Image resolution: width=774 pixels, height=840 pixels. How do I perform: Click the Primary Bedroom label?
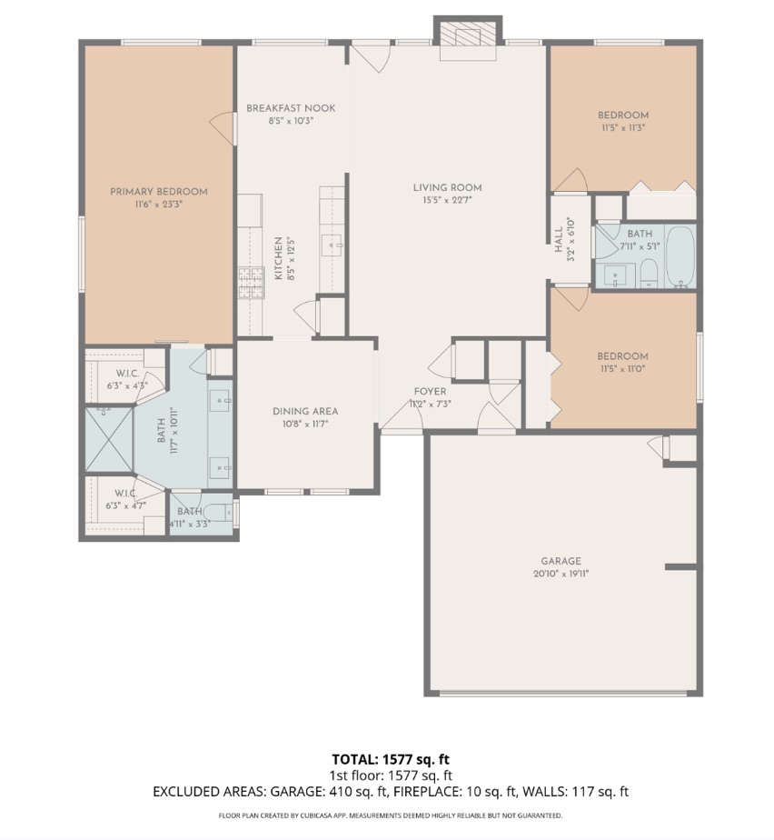coord(159,192)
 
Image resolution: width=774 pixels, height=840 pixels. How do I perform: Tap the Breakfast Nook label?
coord(291,108)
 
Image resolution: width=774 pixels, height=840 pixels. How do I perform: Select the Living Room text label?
coord(447,188)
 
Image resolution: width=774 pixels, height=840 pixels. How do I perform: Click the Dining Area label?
coord(305,411)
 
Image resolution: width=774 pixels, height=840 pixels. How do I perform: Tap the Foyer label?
coord(430,391)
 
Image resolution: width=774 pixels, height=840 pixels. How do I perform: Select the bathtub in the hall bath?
coord(681,257)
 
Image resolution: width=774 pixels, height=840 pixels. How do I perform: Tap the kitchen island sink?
coord(332,244)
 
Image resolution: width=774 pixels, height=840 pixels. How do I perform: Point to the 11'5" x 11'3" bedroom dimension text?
coord(622,128)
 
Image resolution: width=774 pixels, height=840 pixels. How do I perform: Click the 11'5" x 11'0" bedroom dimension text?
coord(622,369)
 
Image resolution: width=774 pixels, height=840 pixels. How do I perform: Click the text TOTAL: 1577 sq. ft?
coord(391,758)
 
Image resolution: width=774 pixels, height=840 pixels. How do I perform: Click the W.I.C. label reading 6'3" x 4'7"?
coord(125,500)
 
